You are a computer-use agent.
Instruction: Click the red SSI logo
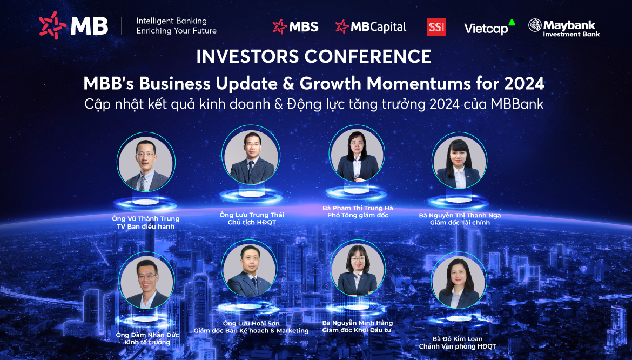coord(436,27)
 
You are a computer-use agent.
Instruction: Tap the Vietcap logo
coord(489,28)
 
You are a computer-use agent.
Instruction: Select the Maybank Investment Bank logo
coord(564,28)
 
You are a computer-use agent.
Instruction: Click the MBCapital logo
coord(371,26)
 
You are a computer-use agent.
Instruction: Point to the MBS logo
coord(295,26)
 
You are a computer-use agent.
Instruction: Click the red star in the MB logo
coord(52,25)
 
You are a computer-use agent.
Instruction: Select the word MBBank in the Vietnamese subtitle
coord(517,104)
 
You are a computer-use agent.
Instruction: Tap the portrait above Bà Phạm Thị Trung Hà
coord(357,154)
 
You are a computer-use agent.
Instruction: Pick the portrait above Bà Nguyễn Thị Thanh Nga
coord(459,161)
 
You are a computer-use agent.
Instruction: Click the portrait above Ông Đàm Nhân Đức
coord(147,282)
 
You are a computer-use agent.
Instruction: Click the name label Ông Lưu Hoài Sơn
coord(251,323)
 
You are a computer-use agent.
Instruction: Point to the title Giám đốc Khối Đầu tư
coord(357,331)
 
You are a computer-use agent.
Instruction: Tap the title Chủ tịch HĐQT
coord(252,223)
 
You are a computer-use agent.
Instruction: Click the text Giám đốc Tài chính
coord(460,223)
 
